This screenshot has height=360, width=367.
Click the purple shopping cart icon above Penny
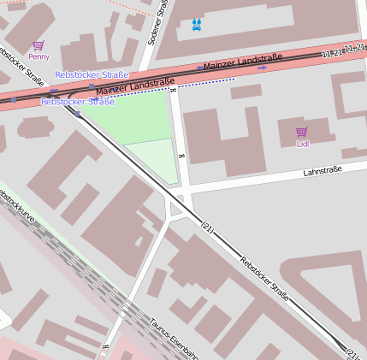point(38,45)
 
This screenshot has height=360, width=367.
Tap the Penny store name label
point(38,56)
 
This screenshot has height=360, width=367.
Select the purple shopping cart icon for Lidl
point(301,132)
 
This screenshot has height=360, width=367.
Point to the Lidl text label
point(302,144)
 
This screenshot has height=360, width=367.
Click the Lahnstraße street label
point(323,171)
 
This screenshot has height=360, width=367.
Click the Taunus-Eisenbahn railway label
point(174,338)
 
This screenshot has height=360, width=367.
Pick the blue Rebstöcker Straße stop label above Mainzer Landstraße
point(92,75)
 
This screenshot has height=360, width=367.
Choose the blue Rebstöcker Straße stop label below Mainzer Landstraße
point(77,102)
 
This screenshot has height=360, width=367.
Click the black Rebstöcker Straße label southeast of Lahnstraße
point(264,279)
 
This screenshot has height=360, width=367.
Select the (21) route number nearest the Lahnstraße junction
point(206,227)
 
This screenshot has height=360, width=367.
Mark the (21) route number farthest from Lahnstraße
point(351,352)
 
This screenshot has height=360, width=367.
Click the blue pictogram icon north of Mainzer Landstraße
point(198,24)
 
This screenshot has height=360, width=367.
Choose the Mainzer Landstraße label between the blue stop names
point(129,86)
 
